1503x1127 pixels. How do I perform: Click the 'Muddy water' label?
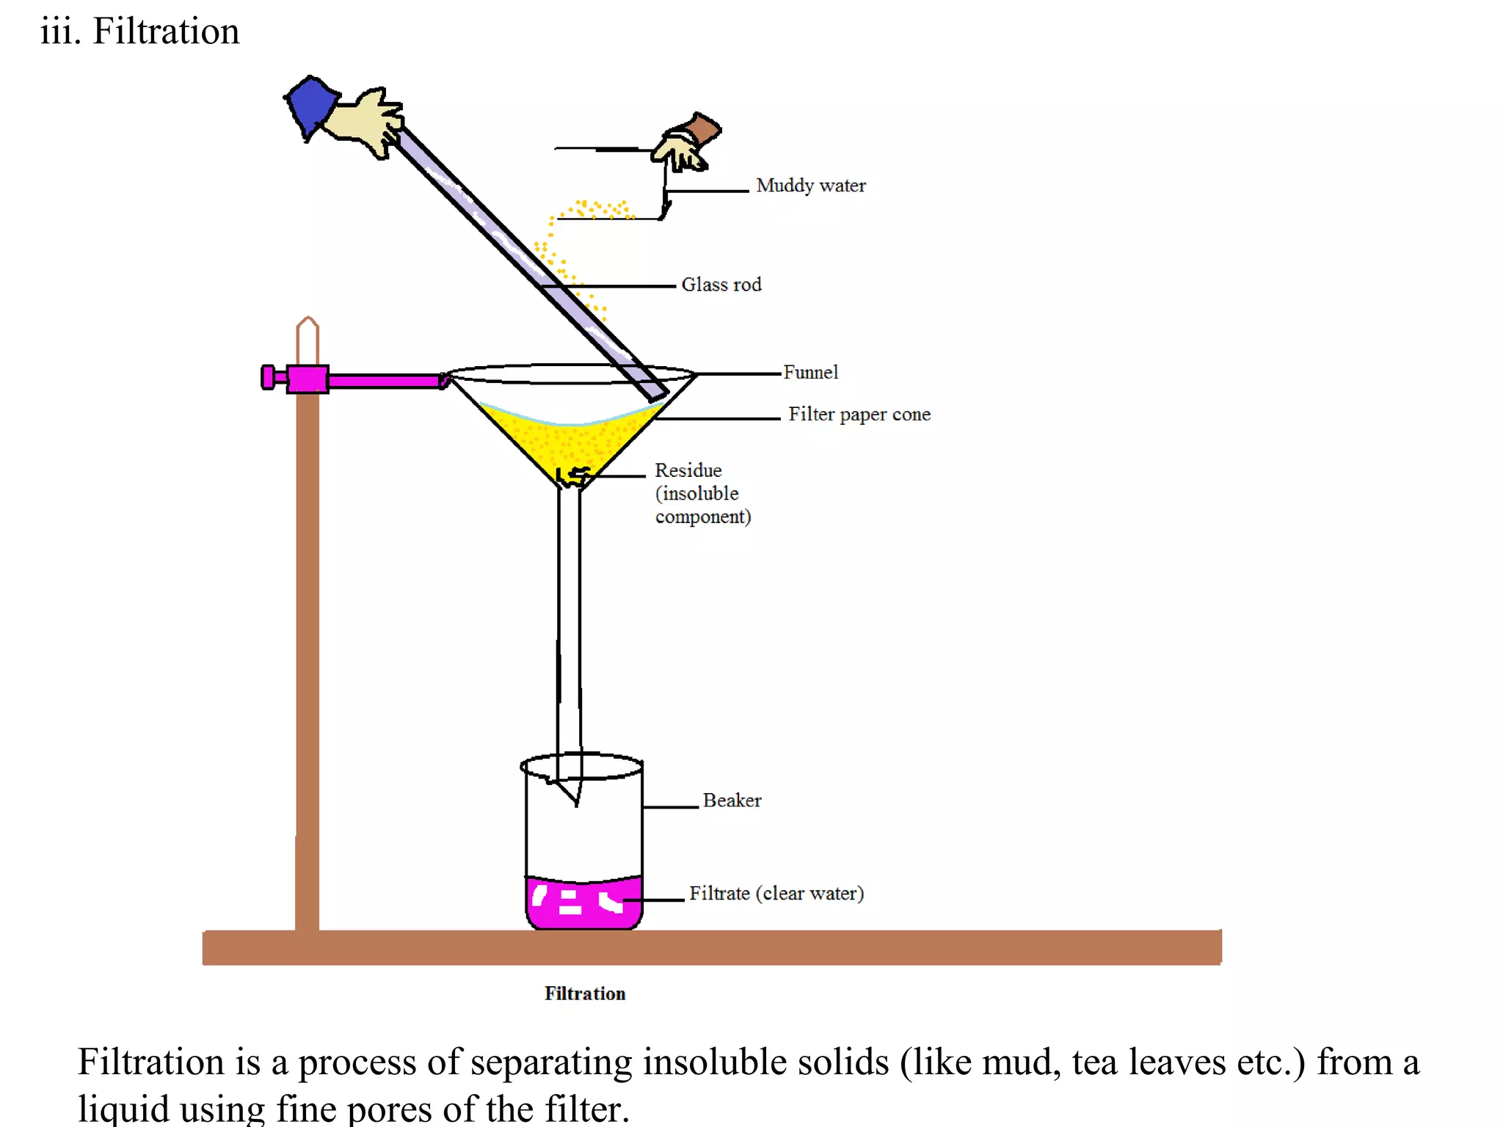click(810, 186)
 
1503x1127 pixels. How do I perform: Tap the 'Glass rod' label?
click(721, 285)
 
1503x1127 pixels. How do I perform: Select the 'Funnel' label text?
click(810, 373)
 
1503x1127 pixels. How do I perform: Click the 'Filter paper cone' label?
click(859, 415)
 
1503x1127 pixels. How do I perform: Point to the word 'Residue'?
click(688, 470)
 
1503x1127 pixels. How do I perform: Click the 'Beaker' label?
click(732, 800)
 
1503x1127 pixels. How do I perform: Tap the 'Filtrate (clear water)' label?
click(776, 894)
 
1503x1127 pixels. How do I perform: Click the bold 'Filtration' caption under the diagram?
click(585, 993)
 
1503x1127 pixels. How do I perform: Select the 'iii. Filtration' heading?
click(140, 32)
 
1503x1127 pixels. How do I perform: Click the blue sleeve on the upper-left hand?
click(311, 106)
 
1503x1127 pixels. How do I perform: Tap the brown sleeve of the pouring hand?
click(703, 129)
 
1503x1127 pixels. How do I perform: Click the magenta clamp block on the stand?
click(307, 379)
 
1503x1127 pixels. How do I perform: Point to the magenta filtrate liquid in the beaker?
click(584, 902)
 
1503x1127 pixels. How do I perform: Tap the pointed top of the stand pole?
click(307, 324)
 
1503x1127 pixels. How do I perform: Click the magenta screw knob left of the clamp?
click(269, 377)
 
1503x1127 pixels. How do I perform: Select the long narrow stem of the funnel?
click(569, 624)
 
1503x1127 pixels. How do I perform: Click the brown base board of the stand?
click(712, 947)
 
